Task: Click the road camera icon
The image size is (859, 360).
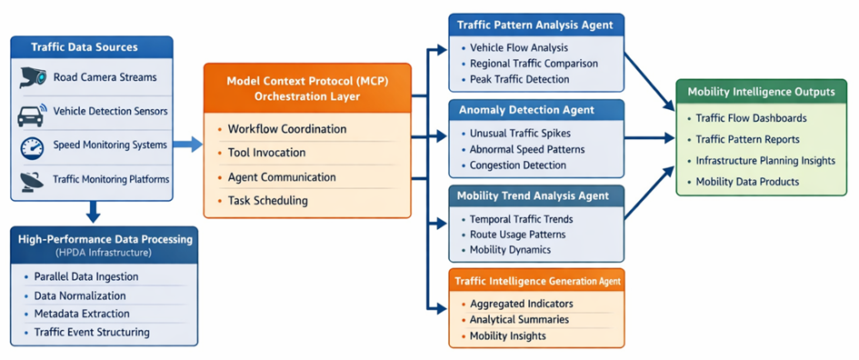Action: [x=33, y=77]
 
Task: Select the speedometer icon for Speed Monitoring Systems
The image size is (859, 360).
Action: [x=32, y=147]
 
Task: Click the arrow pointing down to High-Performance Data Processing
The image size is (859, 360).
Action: [x=93, y=212]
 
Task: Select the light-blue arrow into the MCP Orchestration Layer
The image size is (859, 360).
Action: [x=188, y=145]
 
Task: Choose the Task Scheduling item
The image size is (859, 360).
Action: [x=268, y=201]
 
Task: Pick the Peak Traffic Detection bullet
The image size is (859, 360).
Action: [x=519, y=79]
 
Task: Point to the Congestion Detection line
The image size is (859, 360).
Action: [x=518, y=165]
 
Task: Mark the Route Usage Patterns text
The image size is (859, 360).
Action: [x=518, y=235]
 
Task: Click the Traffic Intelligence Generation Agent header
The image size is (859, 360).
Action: [x=538, y=282]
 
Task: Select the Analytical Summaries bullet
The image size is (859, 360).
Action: [x=519, y=319]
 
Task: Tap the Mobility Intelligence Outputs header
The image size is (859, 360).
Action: [x=761, y=92]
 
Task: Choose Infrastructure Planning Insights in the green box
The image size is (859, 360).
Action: [x=765, y=161]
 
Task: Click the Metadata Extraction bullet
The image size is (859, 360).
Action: [x=82, y=314]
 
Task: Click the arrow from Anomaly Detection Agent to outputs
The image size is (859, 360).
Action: [x=650, y=138]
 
